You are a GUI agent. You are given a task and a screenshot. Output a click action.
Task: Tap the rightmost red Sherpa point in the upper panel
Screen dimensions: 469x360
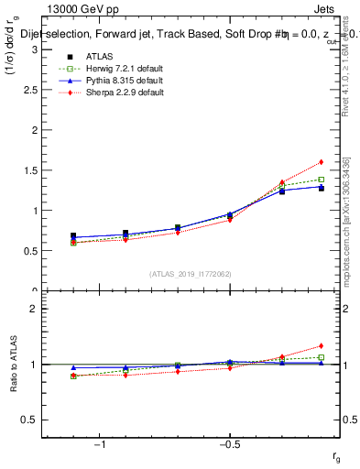click(322, 162)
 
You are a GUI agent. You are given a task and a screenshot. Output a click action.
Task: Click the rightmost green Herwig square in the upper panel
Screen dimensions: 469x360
click(322, 180)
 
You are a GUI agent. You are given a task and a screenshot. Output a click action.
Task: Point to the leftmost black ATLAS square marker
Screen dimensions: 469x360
click(73, 235)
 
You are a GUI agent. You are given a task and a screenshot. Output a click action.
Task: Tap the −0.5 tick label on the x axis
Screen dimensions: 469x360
click(227, 444)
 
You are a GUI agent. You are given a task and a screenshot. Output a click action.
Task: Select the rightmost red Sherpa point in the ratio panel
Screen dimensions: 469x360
click(322, 346)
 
